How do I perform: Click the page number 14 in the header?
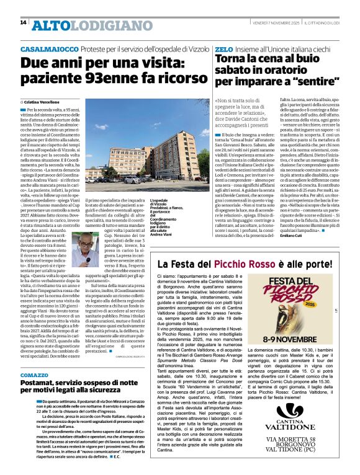click(x=23, y=23)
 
